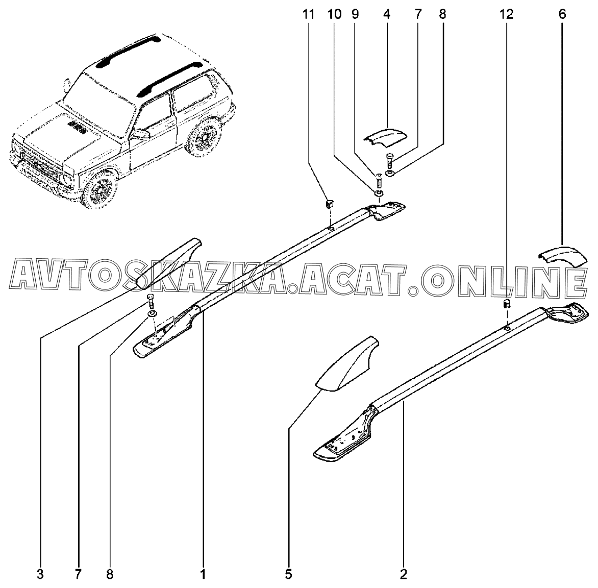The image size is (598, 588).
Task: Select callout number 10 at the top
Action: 334,14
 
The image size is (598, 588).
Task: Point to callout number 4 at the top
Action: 386,14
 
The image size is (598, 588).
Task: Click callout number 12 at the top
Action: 506,14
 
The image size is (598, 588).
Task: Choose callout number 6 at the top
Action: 562,14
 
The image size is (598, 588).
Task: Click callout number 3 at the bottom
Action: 40,574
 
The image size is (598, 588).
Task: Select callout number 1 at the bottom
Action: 203,574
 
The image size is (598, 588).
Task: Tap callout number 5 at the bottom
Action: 288,574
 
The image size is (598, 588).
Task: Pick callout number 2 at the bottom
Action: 404,574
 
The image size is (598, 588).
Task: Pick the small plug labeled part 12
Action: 507,305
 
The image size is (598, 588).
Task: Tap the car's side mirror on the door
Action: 141,134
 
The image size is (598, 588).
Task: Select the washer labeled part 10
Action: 379,193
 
